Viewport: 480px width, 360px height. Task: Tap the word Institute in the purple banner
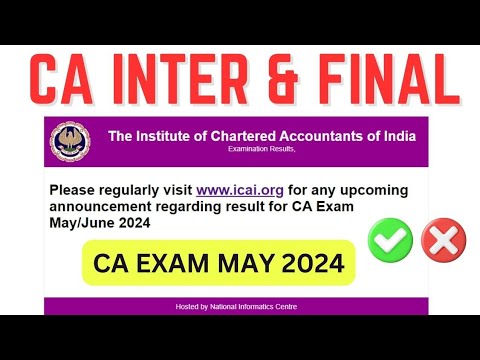pos(158,136)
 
